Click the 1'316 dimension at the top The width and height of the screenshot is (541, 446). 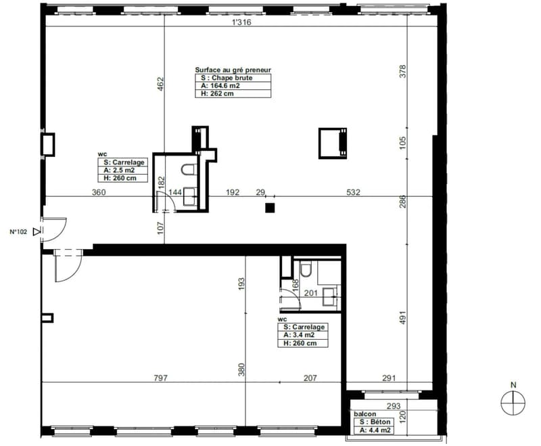point(241,22)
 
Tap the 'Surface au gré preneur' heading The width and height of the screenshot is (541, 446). point(233,70)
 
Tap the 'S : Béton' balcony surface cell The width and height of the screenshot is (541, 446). point(374,422)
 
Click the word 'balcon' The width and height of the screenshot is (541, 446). point(364,414)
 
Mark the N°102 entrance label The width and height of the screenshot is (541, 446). point(18,232)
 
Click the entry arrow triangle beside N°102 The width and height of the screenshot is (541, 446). point(37,232)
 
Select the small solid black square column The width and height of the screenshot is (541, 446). point(270,208)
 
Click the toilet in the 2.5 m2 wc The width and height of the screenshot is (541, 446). point(189,169)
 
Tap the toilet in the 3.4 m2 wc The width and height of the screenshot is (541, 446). point(306,269)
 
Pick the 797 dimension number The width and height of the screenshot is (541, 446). point(161,378)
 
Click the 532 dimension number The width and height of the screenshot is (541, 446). point(353,192)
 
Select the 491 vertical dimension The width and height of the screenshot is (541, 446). point(402,318)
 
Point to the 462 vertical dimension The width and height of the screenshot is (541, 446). point(160,84)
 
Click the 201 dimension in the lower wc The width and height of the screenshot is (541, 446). point(311,293)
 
